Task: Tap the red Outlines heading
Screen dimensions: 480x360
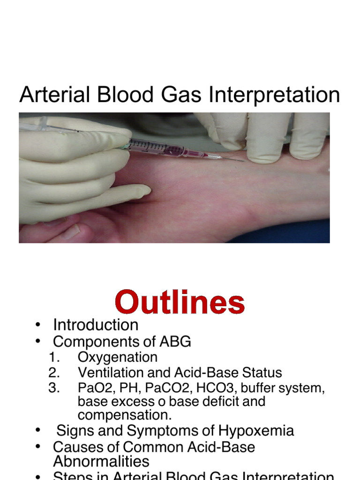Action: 180,303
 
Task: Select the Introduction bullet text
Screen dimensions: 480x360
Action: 96,325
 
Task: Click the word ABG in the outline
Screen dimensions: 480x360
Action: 175,342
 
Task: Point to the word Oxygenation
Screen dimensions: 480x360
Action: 117,357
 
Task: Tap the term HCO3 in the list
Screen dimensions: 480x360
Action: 209,388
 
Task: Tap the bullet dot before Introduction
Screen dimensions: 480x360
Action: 38,325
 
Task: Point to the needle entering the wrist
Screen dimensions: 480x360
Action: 232,159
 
